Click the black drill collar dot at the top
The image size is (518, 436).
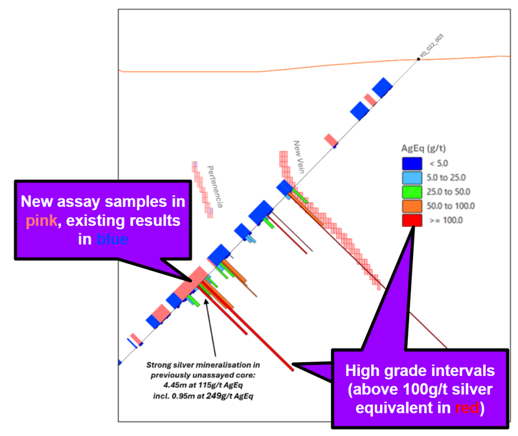(418, 60)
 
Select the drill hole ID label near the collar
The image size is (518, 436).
(432, 47)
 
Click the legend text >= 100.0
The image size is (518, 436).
(443, 220)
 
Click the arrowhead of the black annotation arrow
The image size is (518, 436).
(205, 300)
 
